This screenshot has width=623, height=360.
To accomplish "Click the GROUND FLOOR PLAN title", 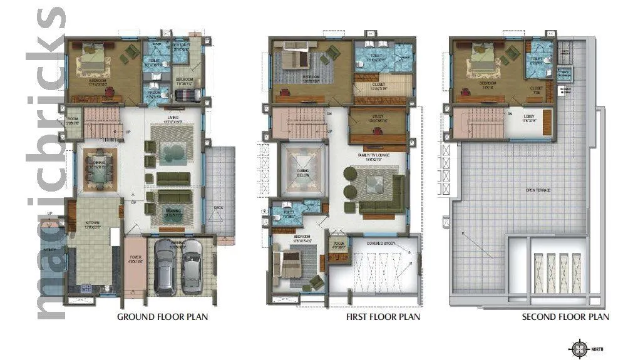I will [163, 317].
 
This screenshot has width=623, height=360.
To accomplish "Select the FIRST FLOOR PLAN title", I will [383, 317].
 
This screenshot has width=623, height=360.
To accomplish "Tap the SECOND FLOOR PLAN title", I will [565, 317].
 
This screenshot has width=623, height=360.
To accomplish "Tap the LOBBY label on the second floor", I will [529, 114].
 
